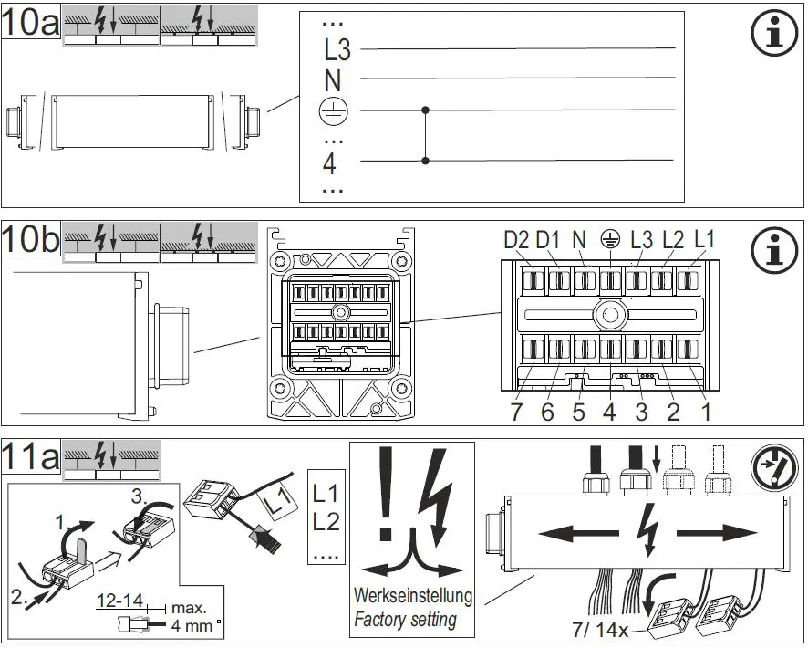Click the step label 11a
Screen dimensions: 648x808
(x=31, y=456)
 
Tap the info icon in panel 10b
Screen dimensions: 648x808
(x=772, y=249)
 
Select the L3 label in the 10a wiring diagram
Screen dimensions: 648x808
(x=337, y=49)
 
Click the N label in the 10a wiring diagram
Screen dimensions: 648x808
(x=333, y=80)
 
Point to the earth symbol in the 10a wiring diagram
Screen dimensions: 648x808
(x=332, y=110)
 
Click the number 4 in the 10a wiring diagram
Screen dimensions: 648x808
(x=330, y=165)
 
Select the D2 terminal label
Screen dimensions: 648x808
(x=517, y=240)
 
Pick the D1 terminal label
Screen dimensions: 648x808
(x=548, y=240)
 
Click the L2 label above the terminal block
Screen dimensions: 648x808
(x=672, y=240)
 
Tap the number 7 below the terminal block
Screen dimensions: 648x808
(x=517, y=412)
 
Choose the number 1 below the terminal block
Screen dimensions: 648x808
(x=704, y=412)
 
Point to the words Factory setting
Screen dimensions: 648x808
(x=405, y=620)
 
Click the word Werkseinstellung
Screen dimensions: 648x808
(x=413, y=597)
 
